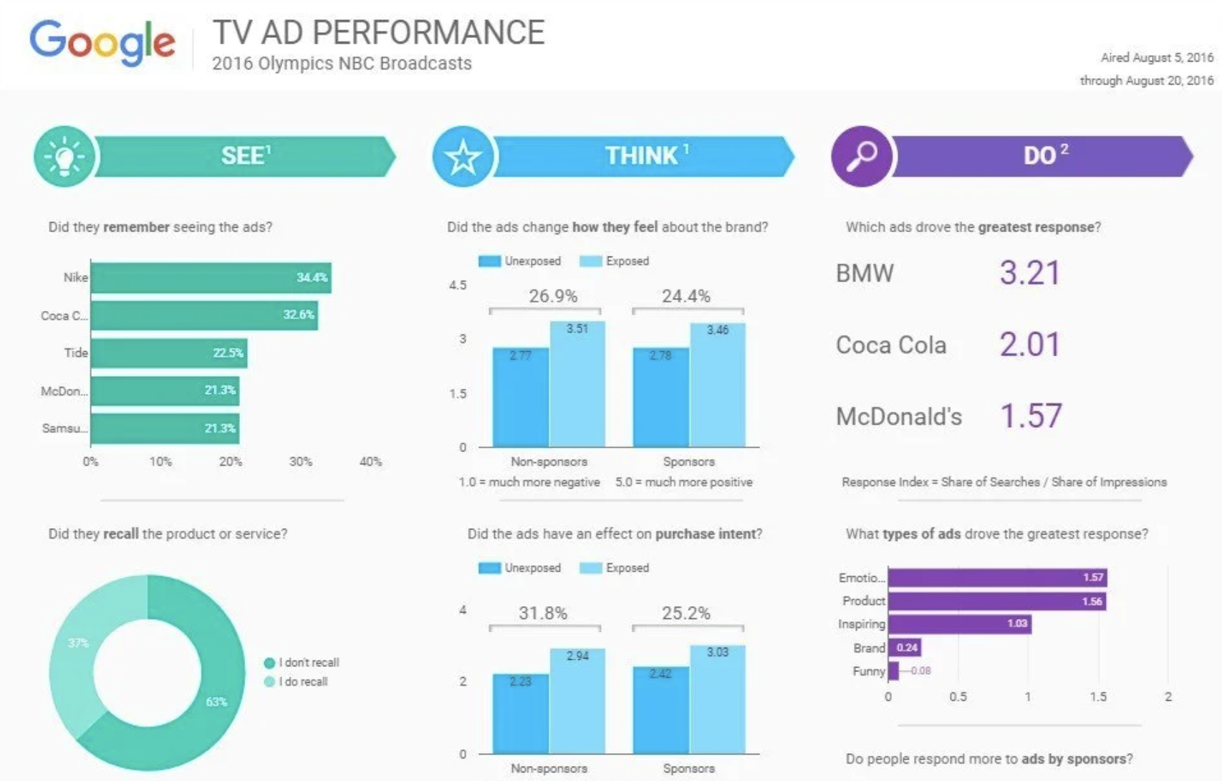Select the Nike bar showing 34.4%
[x=211, y=278]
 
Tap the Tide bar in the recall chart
[x=169, y=353]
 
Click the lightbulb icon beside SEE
[x=64, y=156]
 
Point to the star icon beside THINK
[x=463, y=156]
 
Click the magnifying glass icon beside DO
[x=862, y=156]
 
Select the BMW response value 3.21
[x=1029, y=273]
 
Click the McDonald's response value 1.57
[x=1031, y=416]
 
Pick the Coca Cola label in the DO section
[x=891, y=345]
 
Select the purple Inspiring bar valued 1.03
[x=960, y=624]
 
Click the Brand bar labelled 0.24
[x=905, y=648]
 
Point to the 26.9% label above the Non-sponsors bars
[x=553, y=296]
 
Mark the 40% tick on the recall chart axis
[x=370, y=462]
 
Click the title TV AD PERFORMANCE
[x=379, y=33]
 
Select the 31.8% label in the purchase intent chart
[x=543, y=613]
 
